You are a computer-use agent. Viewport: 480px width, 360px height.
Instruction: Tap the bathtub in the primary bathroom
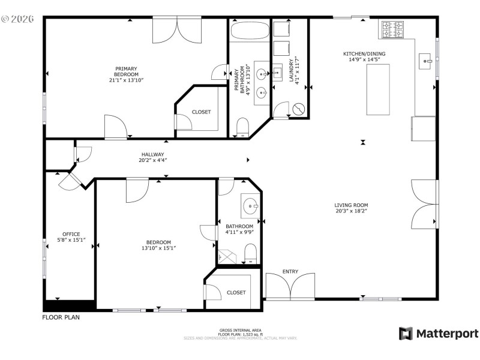(248, 31)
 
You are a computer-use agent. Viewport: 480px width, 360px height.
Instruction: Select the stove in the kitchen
(394, 29)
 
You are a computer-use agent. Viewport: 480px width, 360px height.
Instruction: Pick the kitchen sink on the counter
(427, 61)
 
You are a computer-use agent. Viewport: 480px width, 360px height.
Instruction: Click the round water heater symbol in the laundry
(299, 109)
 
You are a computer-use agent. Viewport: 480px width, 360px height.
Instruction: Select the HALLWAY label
(152, 154)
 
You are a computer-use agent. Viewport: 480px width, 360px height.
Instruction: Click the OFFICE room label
(71, 234)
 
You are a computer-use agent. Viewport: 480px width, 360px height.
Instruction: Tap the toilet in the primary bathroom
(242, 127)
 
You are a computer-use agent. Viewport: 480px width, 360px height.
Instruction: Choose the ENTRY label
(290, 272)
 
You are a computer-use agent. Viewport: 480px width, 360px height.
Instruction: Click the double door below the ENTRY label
(290, 288)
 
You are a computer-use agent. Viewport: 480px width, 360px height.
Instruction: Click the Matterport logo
(439, 334)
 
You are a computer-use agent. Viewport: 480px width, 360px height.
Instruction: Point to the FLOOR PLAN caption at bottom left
(61, 317)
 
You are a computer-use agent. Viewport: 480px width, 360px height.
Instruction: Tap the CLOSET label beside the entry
(236, 292)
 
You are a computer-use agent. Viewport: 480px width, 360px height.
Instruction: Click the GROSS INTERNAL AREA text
(240, 330)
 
